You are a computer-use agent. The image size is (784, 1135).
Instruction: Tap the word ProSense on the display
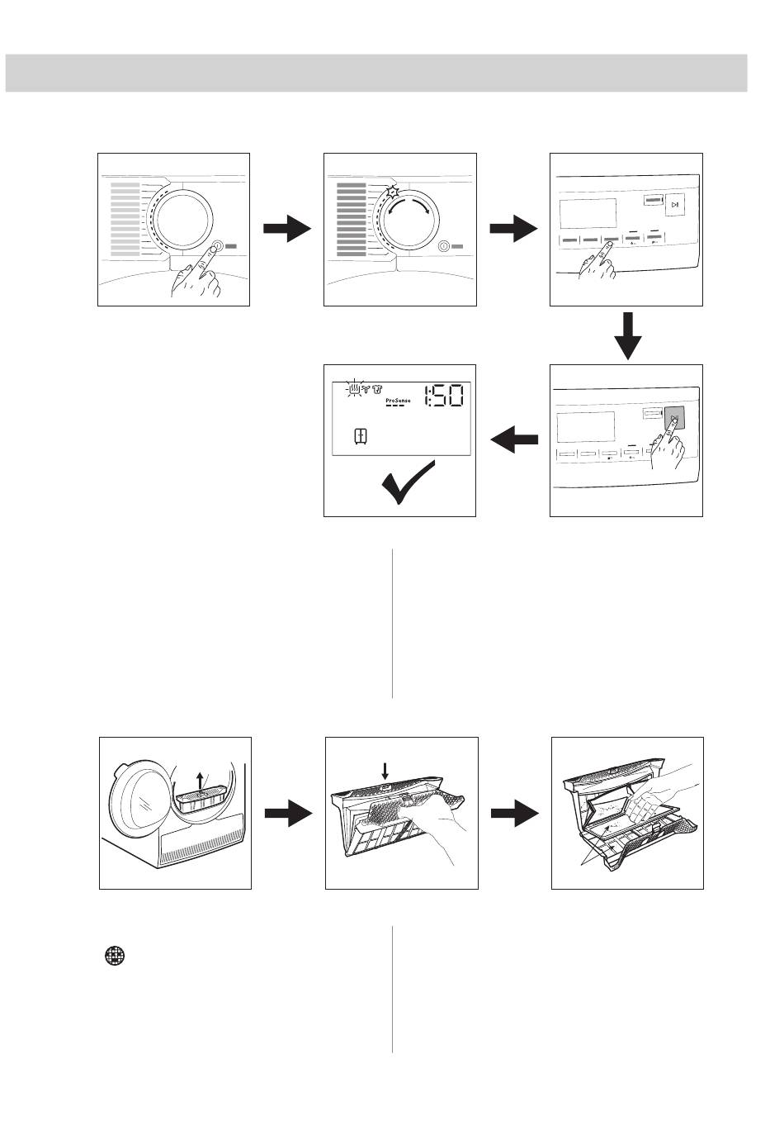(x=398, y=401)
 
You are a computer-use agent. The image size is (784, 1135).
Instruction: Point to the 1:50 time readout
(x=442, y=397)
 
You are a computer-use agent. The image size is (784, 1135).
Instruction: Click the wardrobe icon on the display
(x=361, y=436)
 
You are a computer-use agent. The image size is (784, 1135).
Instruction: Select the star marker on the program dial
(x=393, y=192)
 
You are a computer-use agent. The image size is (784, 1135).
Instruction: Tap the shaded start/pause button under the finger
(x=674, y=420)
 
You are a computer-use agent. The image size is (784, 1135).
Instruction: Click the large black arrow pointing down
(x=627, y=335)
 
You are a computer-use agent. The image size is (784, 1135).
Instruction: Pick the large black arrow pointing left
(x=514, y=441)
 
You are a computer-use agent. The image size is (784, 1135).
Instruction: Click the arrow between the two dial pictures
(x=287, y=230)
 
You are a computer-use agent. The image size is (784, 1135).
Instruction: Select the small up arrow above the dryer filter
(x=200, y=781)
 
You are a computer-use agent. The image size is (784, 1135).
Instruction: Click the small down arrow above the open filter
(x=385, y=770)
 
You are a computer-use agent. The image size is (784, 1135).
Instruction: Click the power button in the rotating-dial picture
(x=443, y=246)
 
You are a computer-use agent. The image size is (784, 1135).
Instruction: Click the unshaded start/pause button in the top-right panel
(x=674, y=205)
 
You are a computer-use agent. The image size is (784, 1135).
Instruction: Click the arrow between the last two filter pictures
(x=514, y=814)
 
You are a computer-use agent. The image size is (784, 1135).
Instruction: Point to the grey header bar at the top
(x=376, y=73)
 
